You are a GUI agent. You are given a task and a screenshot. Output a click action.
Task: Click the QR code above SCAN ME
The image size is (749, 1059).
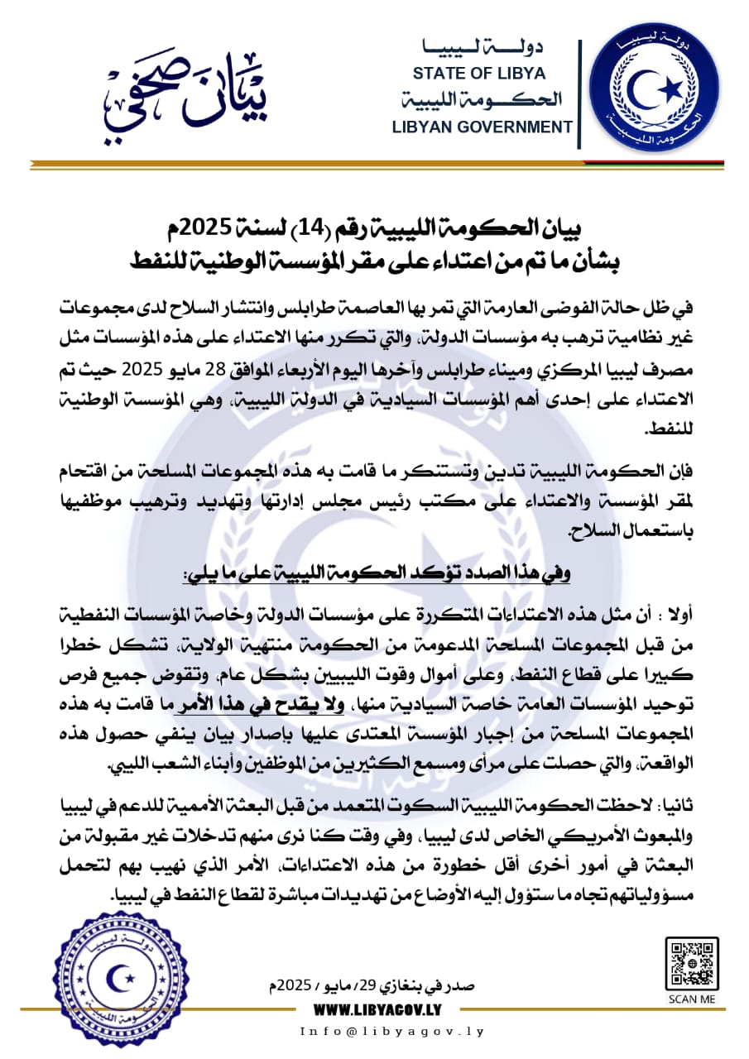pos(691,963)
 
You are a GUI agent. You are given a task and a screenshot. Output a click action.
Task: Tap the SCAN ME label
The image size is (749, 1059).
pos(691,999)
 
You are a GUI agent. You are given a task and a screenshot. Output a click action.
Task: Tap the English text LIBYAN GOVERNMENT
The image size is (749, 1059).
pos(483,127)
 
